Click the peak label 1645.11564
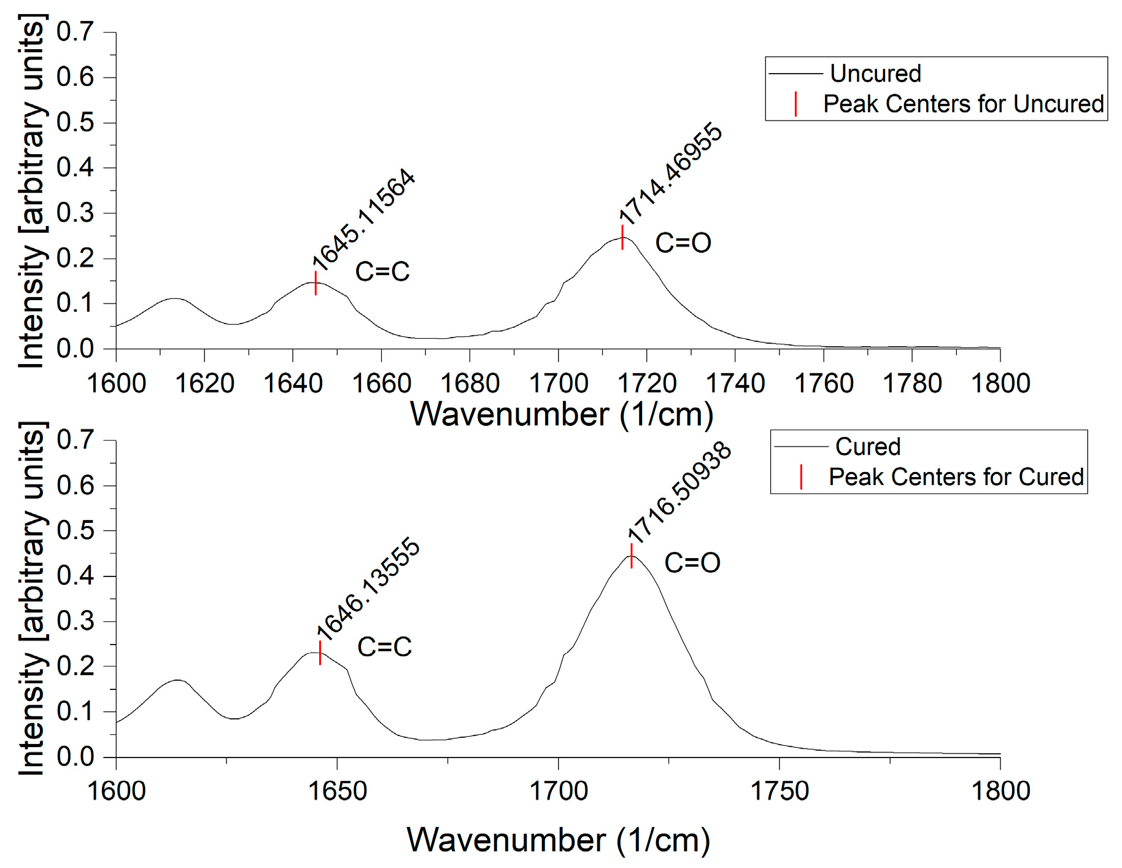364,219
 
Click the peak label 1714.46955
670,173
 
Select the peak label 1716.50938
679,492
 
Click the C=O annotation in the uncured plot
683,243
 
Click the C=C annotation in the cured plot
384,647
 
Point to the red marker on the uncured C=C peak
315,283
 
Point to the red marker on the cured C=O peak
632,556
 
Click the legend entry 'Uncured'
875,74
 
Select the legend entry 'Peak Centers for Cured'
956,477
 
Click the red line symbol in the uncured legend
795,104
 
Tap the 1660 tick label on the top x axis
381,384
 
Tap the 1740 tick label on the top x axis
735,384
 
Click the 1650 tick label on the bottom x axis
337,791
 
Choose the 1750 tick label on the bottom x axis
780,791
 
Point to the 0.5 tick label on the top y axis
75,123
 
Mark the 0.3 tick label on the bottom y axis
75,621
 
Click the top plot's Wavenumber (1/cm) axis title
561,414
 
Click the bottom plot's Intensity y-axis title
32,599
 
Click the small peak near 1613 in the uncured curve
175,299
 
